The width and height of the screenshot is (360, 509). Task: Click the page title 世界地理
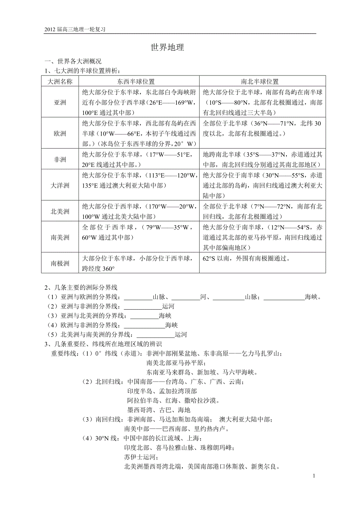tap(167, 48)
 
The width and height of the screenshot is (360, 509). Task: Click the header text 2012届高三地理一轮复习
tap(76, 29)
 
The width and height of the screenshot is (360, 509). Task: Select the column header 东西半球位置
tap(139, 82)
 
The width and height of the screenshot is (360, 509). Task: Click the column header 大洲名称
tap(60, 82)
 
